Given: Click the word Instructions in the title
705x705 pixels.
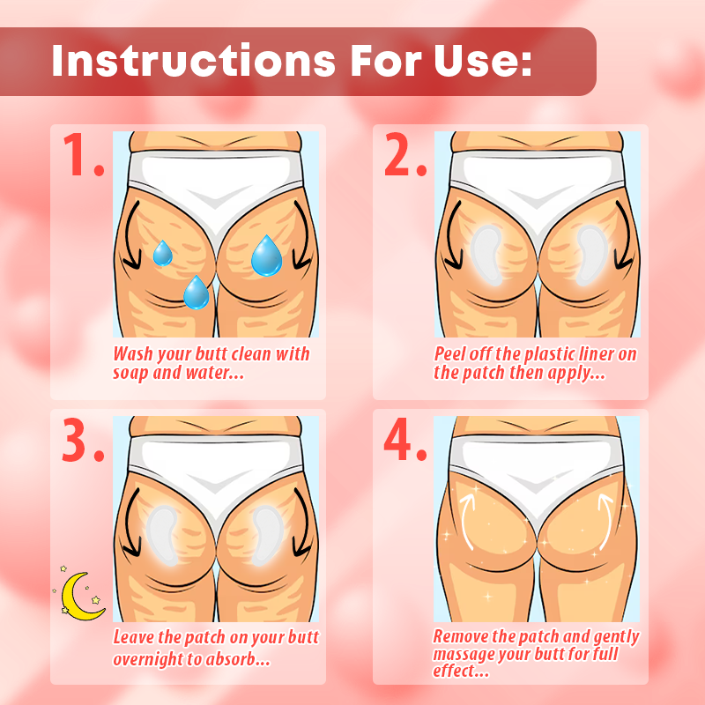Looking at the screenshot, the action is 194,60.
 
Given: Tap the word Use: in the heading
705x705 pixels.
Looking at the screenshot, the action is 482,60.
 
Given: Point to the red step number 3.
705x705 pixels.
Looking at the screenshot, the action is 84,439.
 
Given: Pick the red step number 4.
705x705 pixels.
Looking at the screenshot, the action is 405,439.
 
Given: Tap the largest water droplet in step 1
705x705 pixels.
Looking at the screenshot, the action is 267,256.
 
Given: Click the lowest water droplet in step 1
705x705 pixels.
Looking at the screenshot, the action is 197,293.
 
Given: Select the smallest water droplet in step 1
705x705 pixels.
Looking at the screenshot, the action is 162,254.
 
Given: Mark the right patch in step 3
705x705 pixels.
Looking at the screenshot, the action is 269,536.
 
